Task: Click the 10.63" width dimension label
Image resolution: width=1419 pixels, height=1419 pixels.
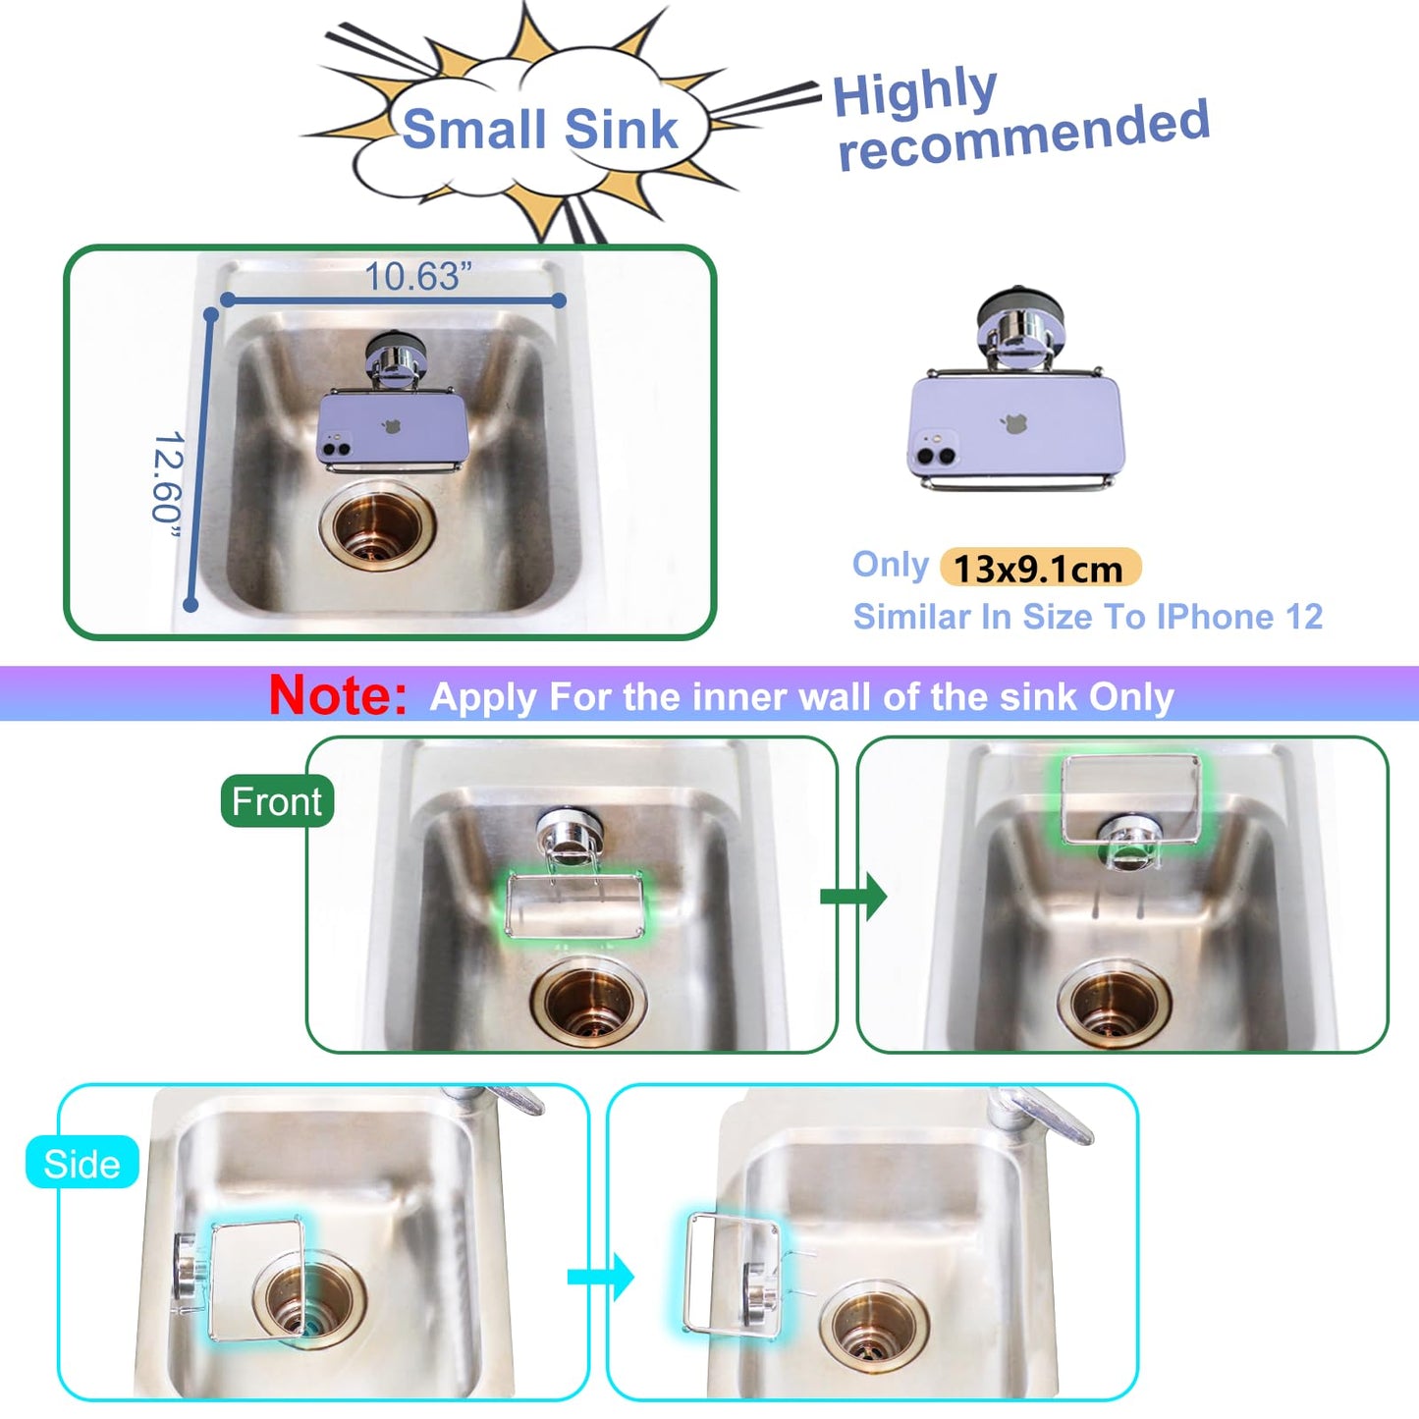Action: pos(417,277)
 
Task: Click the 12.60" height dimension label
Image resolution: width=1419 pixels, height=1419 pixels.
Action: pos(167,478)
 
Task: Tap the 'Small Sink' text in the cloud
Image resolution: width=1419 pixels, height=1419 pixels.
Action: pos(540,130)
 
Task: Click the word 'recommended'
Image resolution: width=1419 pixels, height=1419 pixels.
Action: pos(1023,136)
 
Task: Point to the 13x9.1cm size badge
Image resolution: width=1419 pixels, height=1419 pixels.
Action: pos(1039,569)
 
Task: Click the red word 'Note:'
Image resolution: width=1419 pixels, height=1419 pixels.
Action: pos(338,695)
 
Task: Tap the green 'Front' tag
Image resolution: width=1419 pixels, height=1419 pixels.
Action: pos(277,801)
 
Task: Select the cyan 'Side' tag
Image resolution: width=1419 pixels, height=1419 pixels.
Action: pos(82,1164)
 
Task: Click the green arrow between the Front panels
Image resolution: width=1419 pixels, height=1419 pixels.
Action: pos(853,896)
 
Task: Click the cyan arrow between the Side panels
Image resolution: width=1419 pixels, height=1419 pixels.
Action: pos(601,1277)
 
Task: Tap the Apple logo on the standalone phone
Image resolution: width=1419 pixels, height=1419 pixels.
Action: pos(1013,424)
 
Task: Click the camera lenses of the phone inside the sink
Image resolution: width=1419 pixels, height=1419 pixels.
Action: pos(337,450)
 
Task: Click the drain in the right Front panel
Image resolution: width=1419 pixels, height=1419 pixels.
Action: pos(1115,1003)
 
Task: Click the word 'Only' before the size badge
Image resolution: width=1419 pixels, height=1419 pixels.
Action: pos(890,565)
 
